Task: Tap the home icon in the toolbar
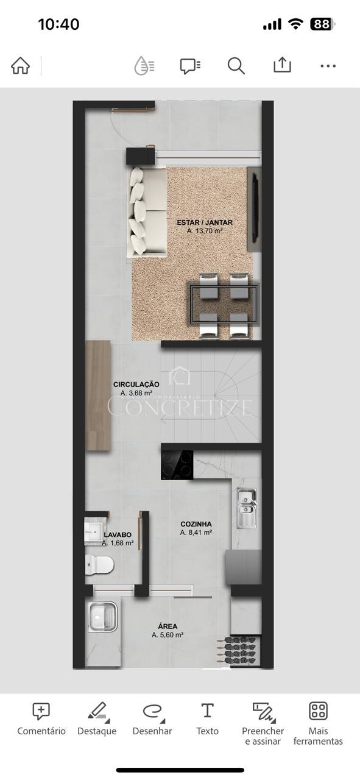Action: (x=21, y=65)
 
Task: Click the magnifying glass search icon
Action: (x=236, y=65)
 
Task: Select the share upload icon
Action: (x=282, y=65)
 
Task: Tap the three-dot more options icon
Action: (x=328, y=65)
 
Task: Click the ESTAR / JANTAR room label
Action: (x=205, y=222)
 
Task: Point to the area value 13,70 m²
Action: (x=205, y=230)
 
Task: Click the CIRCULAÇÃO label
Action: (x=136, y=385)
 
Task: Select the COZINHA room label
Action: (x=196, y=524)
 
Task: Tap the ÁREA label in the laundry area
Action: (x=168, y=626)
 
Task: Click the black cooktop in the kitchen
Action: (x=177, y=465)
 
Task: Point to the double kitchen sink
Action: (x=247, y=508)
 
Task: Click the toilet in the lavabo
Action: (x=99, y=564)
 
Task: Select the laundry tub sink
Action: (x=102, y=617)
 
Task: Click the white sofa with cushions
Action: (x=147, y=212)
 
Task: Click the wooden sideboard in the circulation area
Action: (x=98, y=395)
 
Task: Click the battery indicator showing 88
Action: (x=322, y=24)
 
